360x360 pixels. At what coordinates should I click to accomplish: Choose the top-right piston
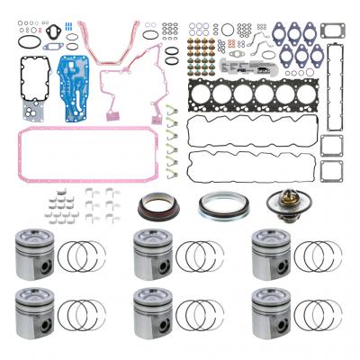(272, 254)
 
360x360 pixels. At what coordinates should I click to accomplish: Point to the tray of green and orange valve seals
(205, 45)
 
